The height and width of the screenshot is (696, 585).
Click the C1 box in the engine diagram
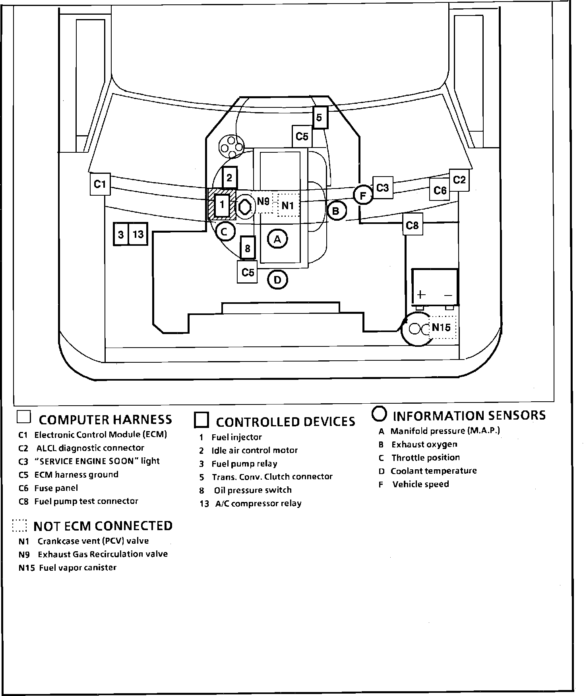pos(100,184)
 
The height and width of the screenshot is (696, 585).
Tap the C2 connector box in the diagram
pos(459,180)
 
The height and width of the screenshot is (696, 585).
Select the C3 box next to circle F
pos(382,187)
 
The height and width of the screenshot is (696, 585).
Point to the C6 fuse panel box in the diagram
pos(440,191)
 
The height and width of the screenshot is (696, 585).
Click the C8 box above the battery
pos(412,225)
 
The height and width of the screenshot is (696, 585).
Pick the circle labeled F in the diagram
pos(363,195)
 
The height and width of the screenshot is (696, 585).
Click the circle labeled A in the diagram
pos(277,239)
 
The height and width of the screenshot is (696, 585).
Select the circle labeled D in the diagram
pos(277,280)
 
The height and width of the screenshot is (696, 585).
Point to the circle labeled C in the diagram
pos(225,231)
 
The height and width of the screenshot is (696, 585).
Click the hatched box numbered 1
pos(222,205)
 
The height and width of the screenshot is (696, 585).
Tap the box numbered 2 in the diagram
pos(229,177)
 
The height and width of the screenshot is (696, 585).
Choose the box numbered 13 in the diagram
pos(138,234)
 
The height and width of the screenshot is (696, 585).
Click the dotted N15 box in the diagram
pos(442,327)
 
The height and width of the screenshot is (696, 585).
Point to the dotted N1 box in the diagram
pos(288,206)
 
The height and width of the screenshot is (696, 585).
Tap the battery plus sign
pos(421,295)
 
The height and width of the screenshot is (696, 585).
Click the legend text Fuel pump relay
pos(244,464)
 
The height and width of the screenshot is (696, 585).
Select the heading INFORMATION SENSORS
pos(469,416)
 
